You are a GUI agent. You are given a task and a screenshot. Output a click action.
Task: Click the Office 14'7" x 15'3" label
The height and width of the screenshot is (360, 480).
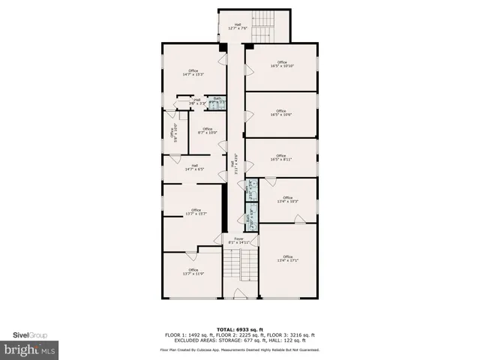point(193,72)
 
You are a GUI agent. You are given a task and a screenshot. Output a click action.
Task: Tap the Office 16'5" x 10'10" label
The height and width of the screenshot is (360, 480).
point(282,64)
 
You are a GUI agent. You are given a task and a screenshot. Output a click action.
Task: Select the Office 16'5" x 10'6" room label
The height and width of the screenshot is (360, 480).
point(282,113)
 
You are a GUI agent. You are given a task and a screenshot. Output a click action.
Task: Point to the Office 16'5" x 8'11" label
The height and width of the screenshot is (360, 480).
point(282,157)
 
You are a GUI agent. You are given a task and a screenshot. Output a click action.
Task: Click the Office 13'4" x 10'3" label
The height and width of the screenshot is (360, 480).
point(287,199)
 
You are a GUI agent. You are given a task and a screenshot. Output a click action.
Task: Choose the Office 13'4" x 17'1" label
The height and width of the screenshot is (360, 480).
point(287,259)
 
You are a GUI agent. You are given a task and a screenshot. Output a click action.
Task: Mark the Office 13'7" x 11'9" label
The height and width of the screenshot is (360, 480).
point(193,272)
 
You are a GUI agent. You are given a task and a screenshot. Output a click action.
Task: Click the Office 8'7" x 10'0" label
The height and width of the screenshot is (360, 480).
point(208,131)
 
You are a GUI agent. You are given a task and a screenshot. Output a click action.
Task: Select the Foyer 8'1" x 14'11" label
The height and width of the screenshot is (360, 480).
point(239,241)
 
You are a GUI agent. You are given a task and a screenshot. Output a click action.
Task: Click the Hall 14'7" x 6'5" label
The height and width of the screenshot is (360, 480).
point(194,167)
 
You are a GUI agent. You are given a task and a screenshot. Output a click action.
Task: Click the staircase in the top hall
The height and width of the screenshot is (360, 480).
point(262,30)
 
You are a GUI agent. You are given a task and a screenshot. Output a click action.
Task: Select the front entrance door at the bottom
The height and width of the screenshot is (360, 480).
point(240,294)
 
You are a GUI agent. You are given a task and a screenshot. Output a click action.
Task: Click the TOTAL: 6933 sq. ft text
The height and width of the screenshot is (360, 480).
point(240,329)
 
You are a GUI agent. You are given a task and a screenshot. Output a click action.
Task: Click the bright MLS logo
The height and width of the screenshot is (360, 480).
point(29,349)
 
